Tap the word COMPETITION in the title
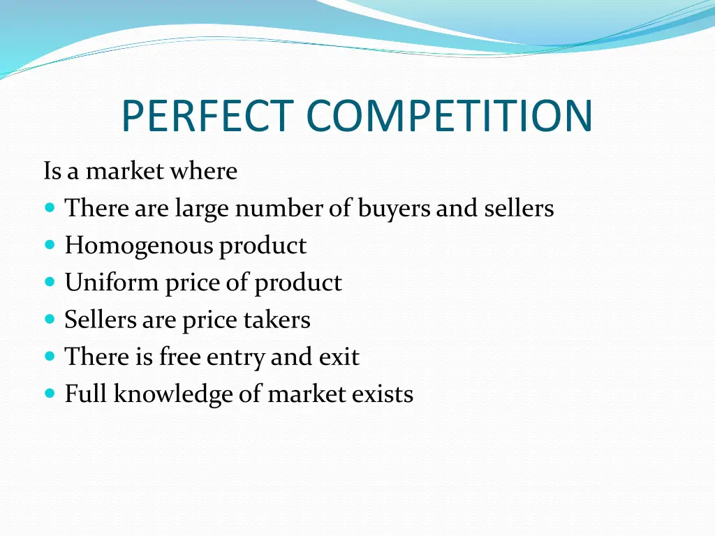pyautogui.click(x=450, y=116)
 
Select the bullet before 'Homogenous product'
pyautogui.click(x=49, y=245)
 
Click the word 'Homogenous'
pyautogui.click(x=138, y=246)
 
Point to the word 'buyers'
pyautogui.click(x=394, y=209)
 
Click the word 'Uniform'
pyautogui.click(x=112, y=283)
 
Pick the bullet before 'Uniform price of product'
pyautogui.click(x=49, y=282)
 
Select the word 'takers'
pyautogui.click(x=277, y=320)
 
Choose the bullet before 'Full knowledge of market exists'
pyautogui.click(x=49, y=394)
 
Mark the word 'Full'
pyautogui.click(x=86, y=394)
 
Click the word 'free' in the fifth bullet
pyautogui.click(x=179, y=357)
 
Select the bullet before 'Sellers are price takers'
pyautogui.click(x=49, y=319)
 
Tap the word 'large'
pyautogui.click(x=202, y=209)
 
